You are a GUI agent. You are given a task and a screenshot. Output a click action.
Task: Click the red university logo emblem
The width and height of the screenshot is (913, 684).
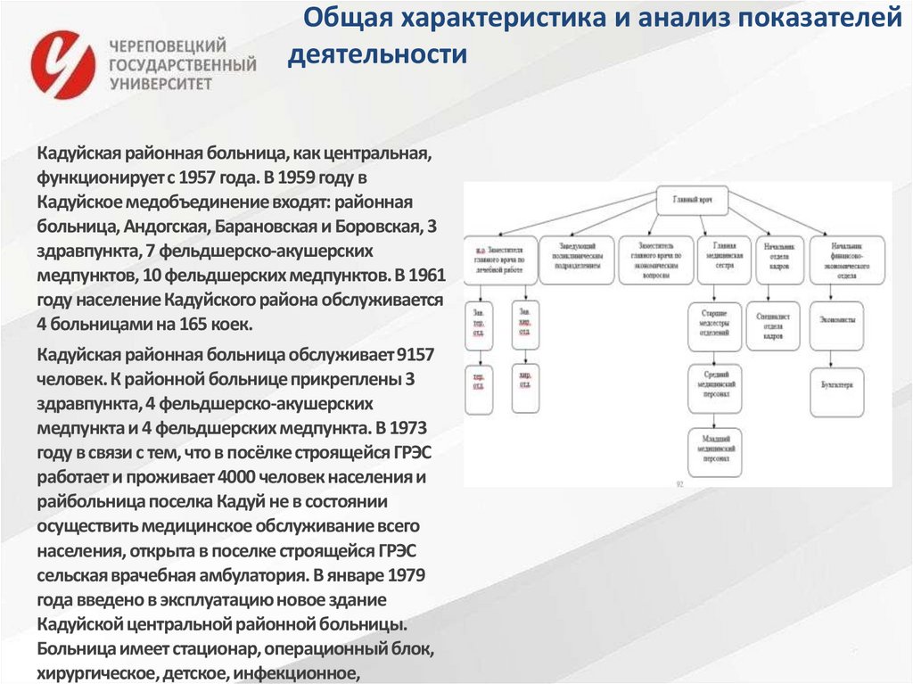click(62, 64)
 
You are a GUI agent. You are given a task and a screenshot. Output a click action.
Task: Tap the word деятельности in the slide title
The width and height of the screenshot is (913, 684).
click(377, 55)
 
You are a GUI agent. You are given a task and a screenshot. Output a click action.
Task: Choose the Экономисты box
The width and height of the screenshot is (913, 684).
click(836, 318)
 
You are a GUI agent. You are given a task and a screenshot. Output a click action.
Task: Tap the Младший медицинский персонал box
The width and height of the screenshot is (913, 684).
click(714, 450)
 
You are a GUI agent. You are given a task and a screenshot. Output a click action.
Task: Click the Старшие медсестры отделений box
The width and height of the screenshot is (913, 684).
click(714, 326)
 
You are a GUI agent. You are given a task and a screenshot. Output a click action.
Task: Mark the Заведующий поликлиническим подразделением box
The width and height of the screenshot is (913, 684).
click(576, 260)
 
